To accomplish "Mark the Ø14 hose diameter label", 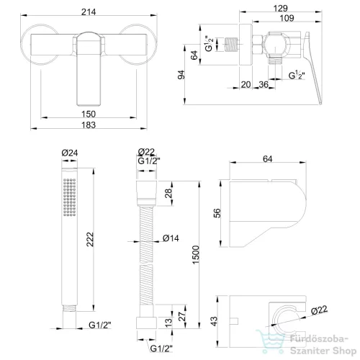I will [171, 238].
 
